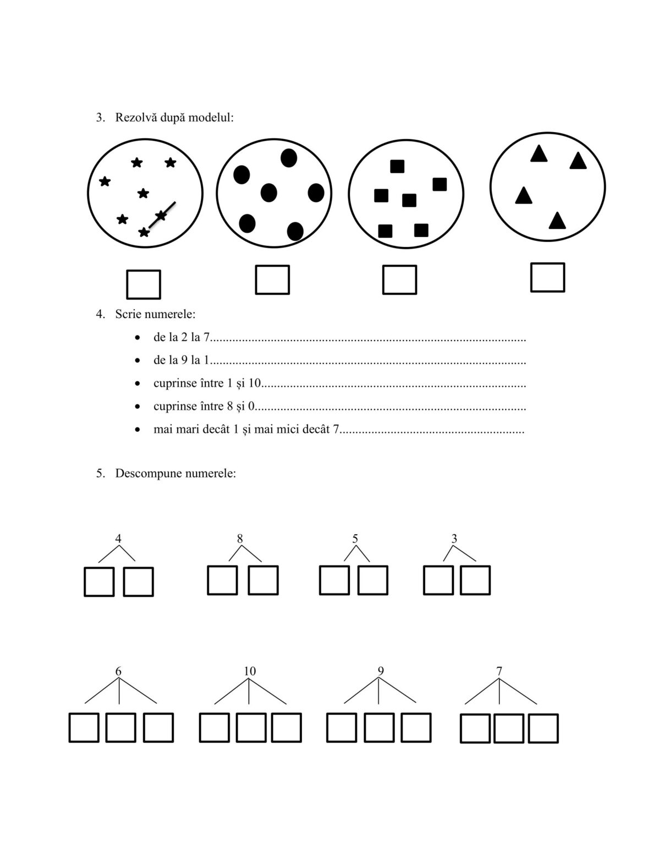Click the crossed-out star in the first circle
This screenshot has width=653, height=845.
pos(161,215)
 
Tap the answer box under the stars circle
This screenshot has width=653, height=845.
pos(144,284)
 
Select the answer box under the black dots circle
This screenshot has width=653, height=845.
pos(272,279)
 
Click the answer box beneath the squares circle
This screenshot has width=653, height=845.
pos(399,279)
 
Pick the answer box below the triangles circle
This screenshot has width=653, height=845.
pos(547,277)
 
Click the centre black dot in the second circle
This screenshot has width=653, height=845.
pos(268,193)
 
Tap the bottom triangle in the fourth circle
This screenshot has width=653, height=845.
pos(557,221)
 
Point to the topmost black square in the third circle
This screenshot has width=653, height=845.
pos(397,166)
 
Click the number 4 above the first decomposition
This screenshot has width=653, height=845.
pos(118,539)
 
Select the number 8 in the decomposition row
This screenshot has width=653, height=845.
pos(240,539)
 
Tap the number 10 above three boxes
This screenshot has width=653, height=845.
pos(250,671)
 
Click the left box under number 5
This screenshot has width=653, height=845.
pos(334,580)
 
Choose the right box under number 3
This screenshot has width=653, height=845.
pos(475,580)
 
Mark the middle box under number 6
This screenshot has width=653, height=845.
pos(120,727)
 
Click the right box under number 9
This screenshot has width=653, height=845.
pos(416,727)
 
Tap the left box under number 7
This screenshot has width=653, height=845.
pos(475,728)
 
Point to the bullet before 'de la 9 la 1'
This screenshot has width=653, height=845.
pos(138,361)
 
